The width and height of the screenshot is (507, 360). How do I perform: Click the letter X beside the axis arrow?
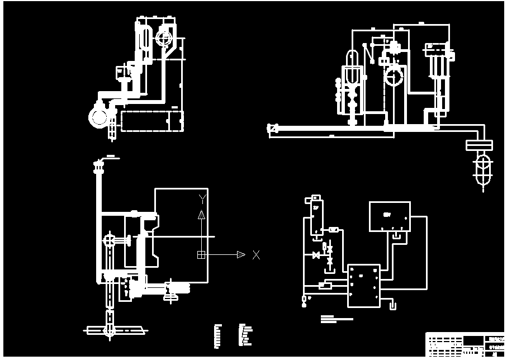point(256,255)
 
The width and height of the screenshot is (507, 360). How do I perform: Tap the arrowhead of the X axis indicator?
point(241,255)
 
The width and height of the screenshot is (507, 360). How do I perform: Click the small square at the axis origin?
point(201,255)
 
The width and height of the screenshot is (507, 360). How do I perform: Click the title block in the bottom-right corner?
point(465,344)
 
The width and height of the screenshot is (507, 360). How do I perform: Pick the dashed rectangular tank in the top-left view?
point(151,121)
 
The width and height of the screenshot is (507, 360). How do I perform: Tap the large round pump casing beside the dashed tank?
point(99,116)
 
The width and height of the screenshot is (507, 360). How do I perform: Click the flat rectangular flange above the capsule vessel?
point(479,145)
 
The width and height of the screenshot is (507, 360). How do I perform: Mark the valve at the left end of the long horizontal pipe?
point(273,129)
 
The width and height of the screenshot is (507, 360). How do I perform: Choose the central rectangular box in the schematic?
point(363,286)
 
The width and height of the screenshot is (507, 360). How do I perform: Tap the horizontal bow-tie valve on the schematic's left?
point(316,255)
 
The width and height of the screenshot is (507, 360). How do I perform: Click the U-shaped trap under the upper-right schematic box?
point(397,236)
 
